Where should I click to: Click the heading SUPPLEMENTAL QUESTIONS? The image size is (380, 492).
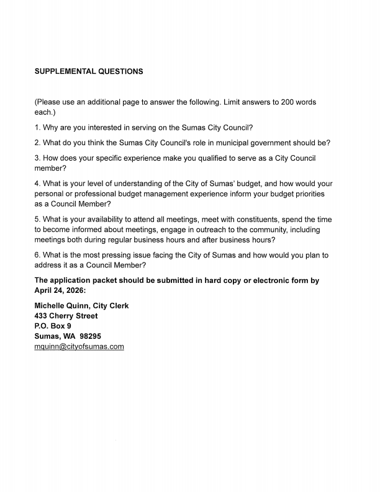pos(89,71)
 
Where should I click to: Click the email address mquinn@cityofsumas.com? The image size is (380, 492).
pos(79,347)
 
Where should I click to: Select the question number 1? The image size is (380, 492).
pos(37,128)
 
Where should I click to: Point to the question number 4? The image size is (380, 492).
pos(37,184)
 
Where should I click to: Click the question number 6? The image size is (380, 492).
pos(37,255)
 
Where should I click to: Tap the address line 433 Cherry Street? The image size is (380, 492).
pos(66,316)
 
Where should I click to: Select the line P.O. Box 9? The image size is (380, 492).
pos(53,326)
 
